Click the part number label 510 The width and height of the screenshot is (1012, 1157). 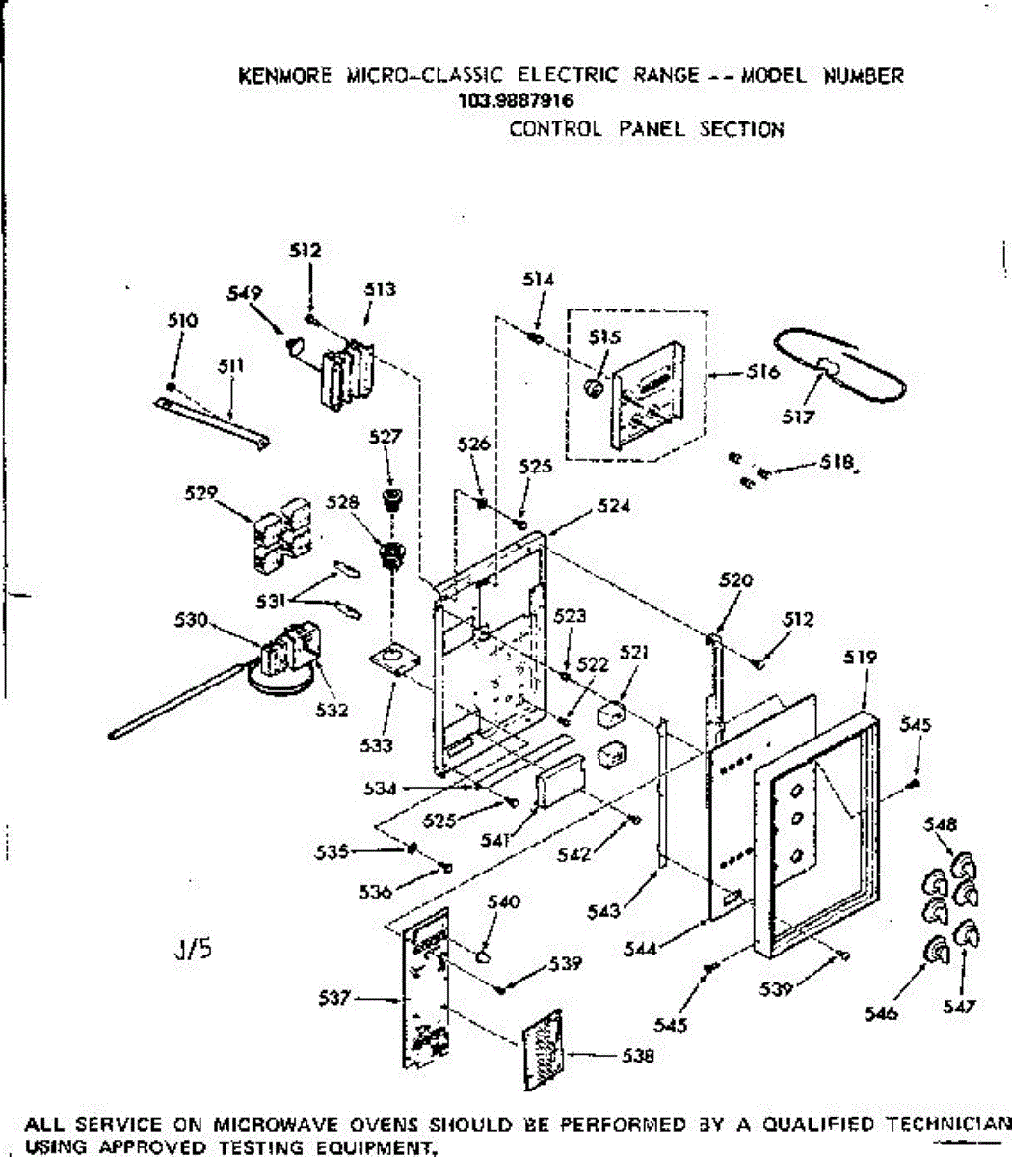point(183,320)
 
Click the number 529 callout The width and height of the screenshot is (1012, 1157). point(199,494)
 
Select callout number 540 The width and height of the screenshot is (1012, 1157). point(503,903)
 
